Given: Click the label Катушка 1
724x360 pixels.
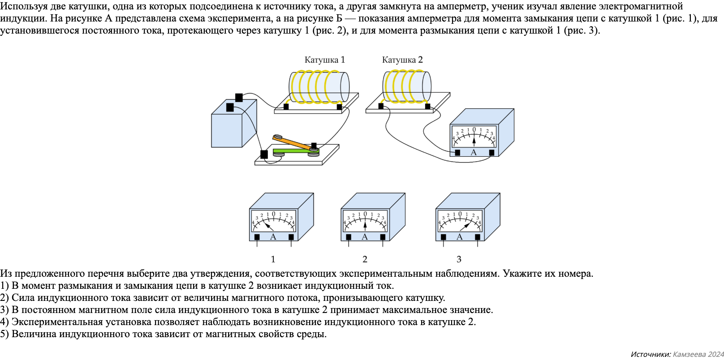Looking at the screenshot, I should (324, 60).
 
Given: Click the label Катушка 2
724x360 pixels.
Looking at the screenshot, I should (402, 60).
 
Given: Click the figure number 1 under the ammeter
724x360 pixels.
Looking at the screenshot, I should (273, 259).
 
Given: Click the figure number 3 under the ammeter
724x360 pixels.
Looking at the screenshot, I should (459, 259).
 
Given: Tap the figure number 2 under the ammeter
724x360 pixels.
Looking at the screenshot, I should (365, 259).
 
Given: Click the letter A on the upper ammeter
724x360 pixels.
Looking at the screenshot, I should (474, 153).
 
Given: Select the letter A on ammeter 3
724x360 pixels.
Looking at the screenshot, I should (459, 237).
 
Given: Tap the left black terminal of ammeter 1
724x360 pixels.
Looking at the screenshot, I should (257, 237).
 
